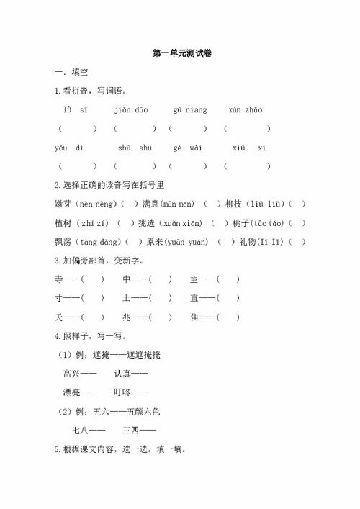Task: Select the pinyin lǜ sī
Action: (x=75, y=110)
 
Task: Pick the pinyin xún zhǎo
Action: (x=245, y=110)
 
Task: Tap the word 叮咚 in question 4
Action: (x=122, y=392)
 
